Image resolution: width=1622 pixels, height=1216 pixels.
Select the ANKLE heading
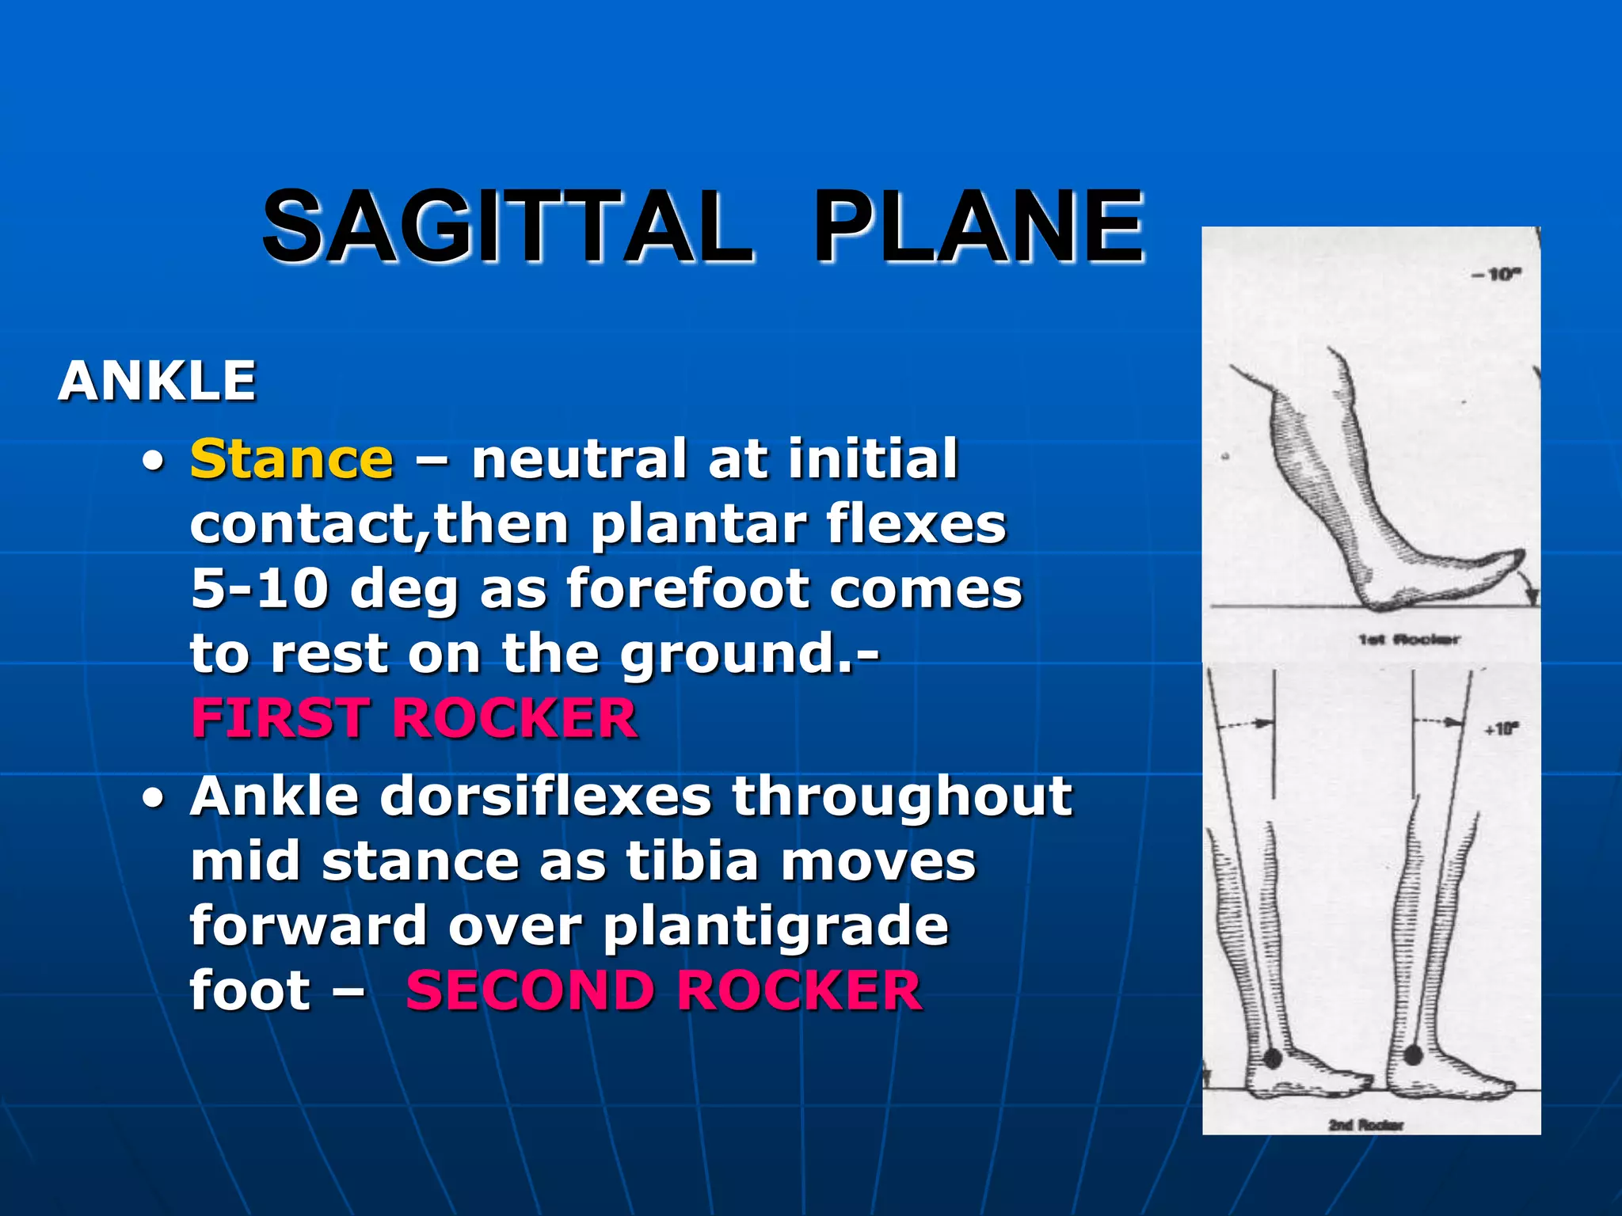click(x=157, y=382)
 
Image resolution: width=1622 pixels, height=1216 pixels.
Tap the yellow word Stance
click(x=291, y=459)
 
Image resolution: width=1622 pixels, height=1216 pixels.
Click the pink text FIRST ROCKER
click(x=414, y=719)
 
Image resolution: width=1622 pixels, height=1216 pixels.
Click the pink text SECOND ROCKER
click(x=664, y=991)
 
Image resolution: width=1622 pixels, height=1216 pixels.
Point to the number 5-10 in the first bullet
click(x=260, y=589)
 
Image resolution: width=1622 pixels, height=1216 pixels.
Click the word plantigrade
click(x=775, y=926)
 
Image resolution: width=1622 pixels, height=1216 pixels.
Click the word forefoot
click(x=688, y=589)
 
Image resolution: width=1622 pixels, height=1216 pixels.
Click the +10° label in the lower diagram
click(x=1502, y=728)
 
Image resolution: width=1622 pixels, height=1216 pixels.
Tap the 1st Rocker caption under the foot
click(x=1409, y=639)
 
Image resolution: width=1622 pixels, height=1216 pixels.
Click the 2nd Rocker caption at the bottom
click(x=1365, y=1124)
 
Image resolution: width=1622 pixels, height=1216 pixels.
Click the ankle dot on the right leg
click(x=1414, y=1054)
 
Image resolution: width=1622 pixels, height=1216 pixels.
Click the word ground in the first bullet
click(x=727, y=655)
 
